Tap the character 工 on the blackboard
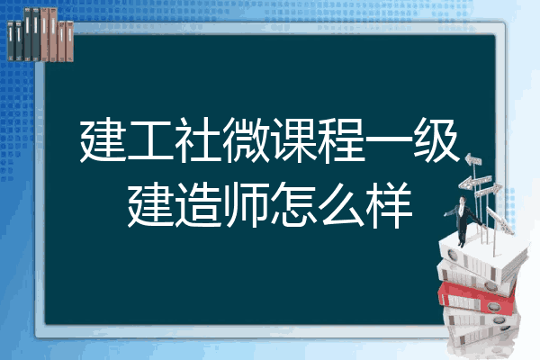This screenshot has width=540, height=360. (150, 140)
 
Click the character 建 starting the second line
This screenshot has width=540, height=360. (150, 204)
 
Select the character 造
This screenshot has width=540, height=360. (198, 204)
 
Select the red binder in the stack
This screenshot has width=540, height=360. (476, 298)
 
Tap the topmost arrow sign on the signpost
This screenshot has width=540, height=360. (474, 160)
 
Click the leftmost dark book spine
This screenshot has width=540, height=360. (11, 40)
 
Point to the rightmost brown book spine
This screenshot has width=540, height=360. (69, 41)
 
